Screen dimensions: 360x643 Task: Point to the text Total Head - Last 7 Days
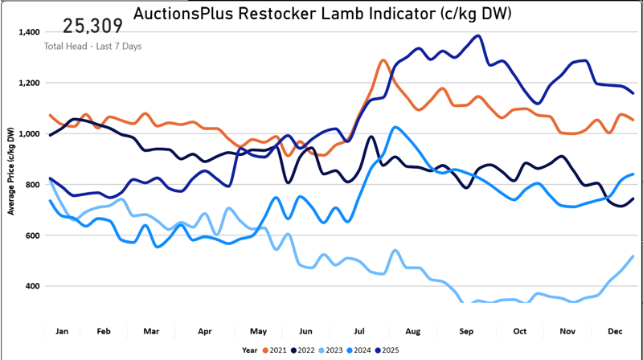[92, 46]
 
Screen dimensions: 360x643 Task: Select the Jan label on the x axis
[61, 330]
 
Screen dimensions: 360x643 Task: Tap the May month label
[259, 330]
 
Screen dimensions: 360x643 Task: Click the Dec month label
[615, 330]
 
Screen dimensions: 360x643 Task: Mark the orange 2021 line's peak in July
[383, 60]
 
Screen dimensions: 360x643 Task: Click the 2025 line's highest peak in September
[478, 35]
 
